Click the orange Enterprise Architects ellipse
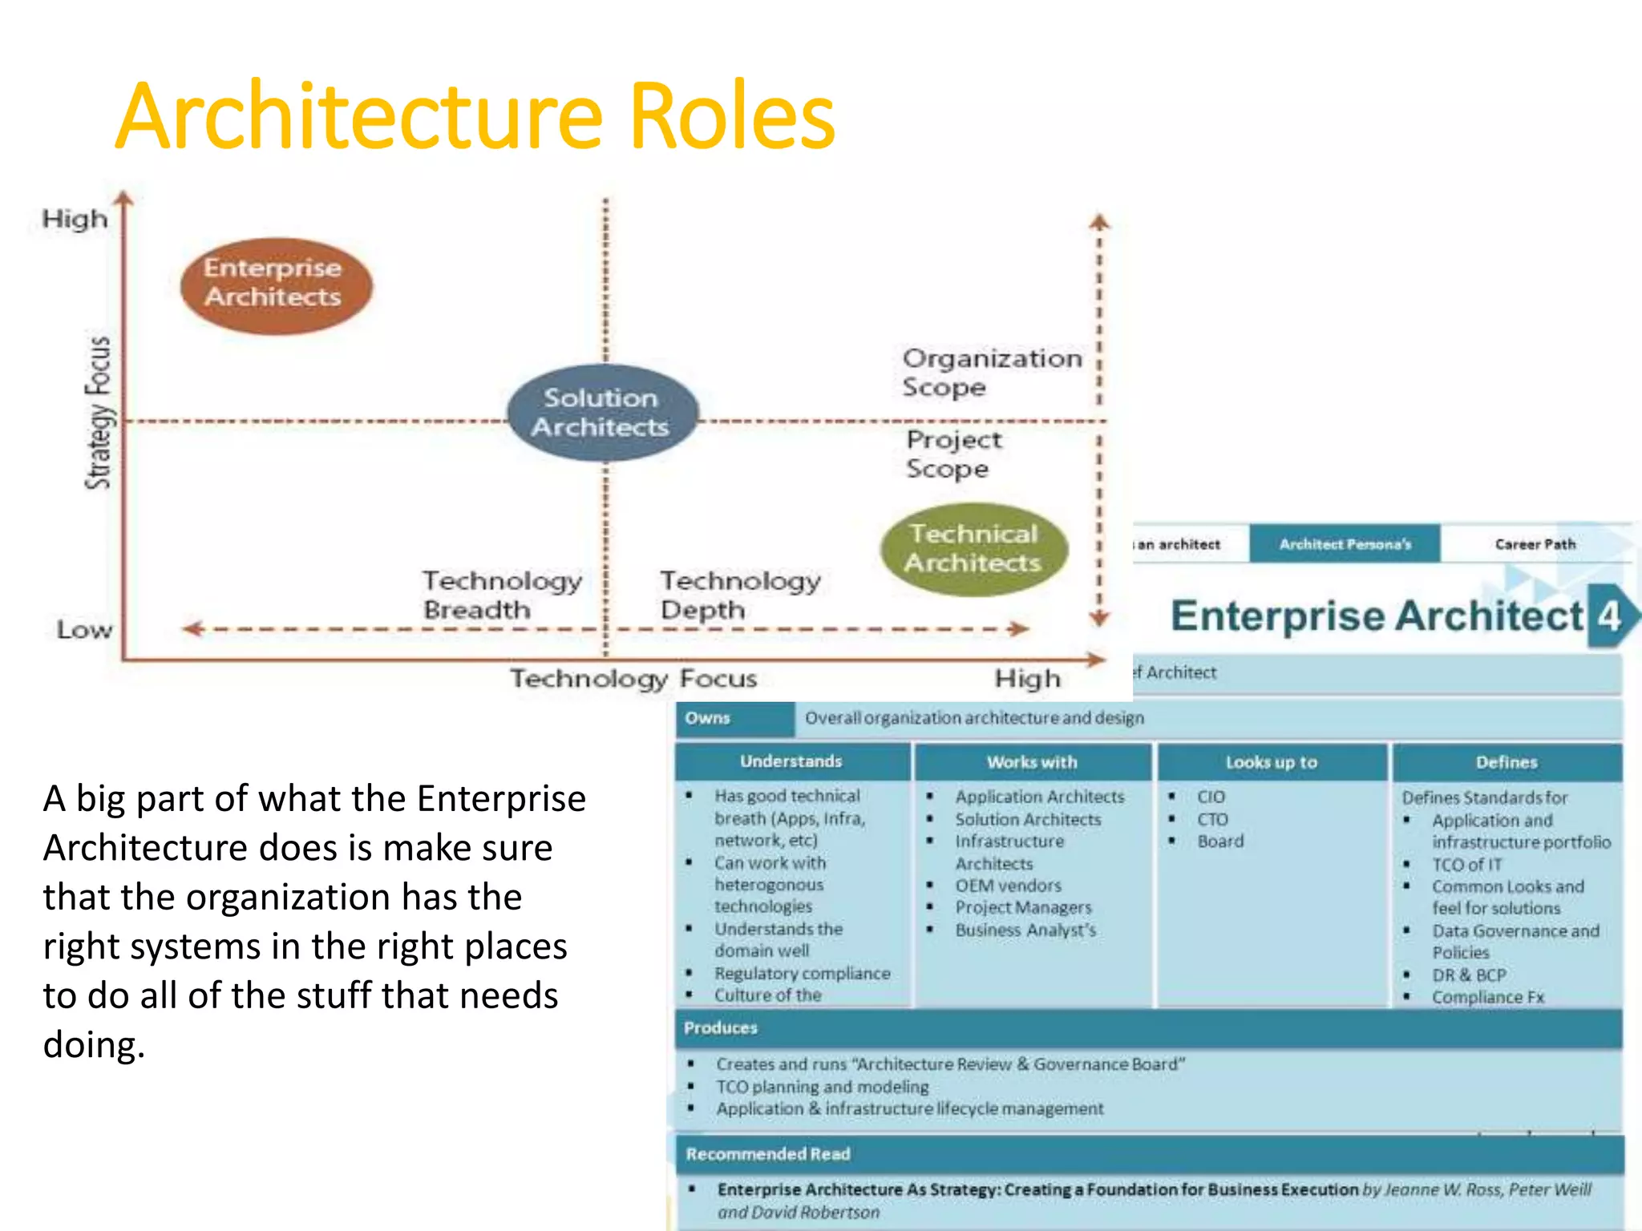pyautogui.click(x=276, y=285)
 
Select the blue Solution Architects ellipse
pyautogui.click(x=601, y=413)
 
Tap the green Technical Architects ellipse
pyautogui.click(x=973, y=549)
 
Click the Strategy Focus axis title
pyautogui.click(x=99, y=413)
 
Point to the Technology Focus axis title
pyautogui.click(x=633, y=679)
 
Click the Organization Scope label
pyautogui.click(x=991, y=373)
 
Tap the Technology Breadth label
pyautogui.click(x=501, y=595)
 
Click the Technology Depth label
pyautogui.click(x=739, y=595)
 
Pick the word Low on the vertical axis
pyautogui.click(x=84, y=630)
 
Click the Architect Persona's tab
pyautogui.click(x=1345, y=544)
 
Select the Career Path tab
pyautogui.click(x=1535, y=544)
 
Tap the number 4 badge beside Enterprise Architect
pyautogui.click(x=1608, y=615)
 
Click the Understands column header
pyautogui.click(x=791, y=761)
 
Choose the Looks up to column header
pyautogui.click(x=1271, y=762)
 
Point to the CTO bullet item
pyautogui.click(x=1212, y=819)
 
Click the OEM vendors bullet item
pyautogui.click(x=1008, y=886)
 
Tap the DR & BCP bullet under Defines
pyautogui.click(x=1469, y=975)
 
